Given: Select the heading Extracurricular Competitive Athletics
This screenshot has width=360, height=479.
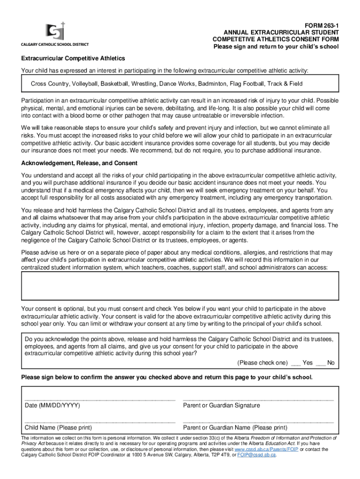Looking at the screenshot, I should coord(73,58).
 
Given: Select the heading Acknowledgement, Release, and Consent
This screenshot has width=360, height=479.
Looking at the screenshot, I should coord(79,163).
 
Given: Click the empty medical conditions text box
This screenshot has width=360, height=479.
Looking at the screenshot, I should coord(180,286).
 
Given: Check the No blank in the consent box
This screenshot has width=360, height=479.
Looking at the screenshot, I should coord(321,363).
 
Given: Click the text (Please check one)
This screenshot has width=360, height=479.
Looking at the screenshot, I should coord(262,363).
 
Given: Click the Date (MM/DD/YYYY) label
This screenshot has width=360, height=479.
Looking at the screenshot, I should coord(52,405).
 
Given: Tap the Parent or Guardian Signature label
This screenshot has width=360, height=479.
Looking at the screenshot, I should coord(222,405).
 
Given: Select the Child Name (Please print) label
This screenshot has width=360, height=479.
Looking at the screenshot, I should coord(58,428).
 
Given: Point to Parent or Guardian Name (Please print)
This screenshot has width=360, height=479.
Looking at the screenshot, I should coord(235,428).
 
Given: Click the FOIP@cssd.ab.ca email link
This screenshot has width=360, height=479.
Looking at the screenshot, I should coord(257,455).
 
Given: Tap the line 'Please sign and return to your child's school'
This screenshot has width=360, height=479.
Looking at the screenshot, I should coord(276,47).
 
